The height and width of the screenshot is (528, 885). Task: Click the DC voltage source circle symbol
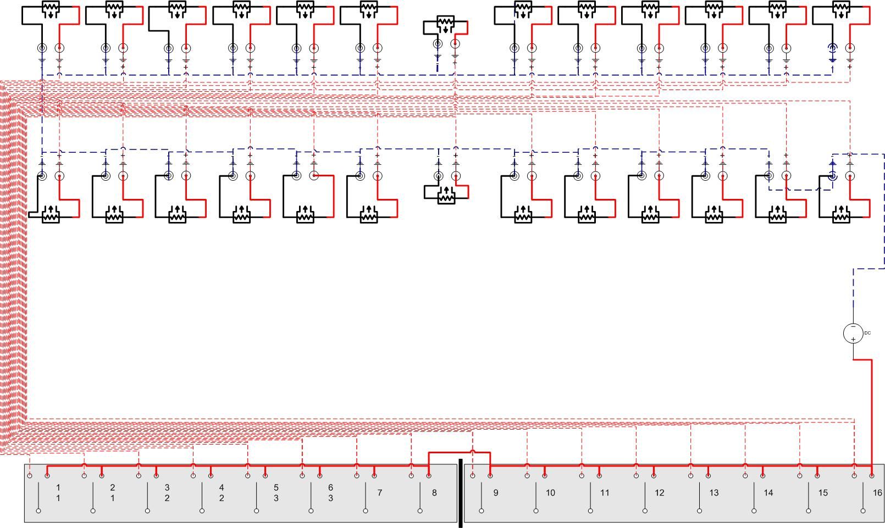(853, 334)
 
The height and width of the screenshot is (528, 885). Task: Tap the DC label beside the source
(867, 333)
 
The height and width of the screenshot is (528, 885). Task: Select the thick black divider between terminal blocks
(460, 493)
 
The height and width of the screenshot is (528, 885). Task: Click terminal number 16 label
(877, 492)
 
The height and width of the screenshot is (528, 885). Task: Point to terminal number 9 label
(495, 492)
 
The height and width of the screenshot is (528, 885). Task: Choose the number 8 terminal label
(434, 492)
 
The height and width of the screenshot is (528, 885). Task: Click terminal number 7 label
(380, 492)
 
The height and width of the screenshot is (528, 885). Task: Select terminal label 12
(660, 492)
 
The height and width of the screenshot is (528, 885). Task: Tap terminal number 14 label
(768, 492)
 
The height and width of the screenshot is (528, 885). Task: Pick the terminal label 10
(550, 492)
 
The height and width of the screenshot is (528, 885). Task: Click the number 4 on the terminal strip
(222, 487)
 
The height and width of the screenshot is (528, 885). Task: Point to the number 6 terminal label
(331, 487)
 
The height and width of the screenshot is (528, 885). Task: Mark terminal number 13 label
(714, 492)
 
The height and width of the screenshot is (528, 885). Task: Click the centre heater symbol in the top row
(446, 25)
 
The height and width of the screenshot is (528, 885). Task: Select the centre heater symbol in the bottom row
(446, 195)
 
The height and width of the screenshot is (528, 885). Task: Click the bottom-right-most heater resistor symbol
(841, 214)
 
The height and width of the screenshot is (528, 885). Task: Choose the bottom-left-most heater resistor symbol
(51, 214)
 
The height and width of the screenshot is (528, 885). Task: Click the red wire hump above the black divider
(473, 451)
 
